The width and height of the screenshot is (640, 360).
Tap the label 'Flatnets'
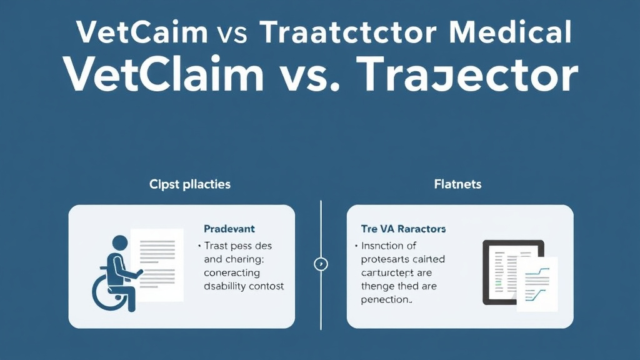coord(457,184)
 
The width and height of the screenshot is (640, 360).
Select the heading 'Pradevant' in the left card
coord(229,229)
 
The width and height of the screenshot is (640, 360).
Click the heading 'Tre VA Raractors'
coord(403,229)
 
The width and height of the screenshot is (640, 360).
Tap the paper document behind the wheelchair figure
coord(157,262)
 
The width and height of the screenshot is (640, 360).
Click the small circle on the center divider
coord(321,264)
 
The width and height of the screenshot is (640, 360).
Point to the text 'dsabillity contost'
coord(244,286)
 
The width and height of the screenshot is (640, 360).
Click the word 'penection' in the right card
coord(386,299)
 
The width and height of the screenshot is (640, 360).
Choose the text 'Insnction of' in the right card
coord(389,246)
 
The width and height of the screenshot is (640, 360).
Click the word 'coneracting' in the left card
coord(232,272)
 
